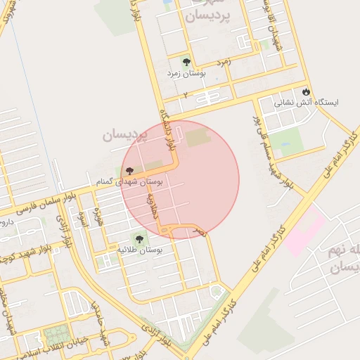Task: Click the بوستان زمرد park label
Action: (186, 72)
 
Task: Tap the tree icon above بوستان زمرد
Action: (186, 61)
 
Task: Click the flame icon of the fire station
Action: (306, 91)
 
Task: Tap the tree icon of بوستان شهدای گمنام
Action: (129, 170)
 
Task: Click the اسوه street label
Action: (82, 218)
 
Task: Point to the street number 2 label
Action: (186, 94)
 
